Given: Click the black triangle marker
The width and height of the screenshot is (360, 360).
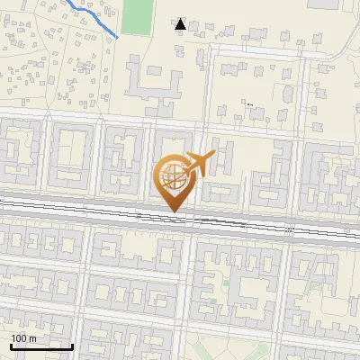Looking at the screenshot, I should pyautogui.click(x=181, y=25).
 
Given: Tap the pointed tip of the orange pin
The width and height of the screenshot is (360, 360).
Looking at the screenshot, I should pyautogui.click(x=174, y=212).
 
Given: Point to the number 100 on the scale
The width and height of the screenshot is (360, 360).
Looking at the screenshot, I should pyautogui.click(x=19, y=338).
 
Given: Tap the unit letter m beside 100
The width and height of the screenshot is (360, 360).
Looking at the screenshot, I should pyautogui.click(x=32, y=338).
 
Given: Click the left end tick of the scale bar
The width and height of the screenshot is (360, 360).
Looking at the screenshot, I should pyautogui.click(x=11, y=346).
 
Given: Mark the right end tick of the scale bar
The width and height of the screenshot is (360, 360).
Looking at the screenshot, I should pyautogui.click(x=72, y=346).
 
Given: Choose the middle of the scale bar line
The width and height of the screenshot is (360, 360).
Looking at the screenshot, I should pyautogui.click(x=41, y=347).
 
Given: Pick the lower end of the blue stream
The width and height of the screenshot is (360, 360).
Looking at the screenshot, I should pyautogui.click(x=118, y=38).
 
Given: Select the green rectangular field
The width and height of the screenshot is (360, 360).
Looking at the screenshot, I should pyautogui.click(x=138, y=17).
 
